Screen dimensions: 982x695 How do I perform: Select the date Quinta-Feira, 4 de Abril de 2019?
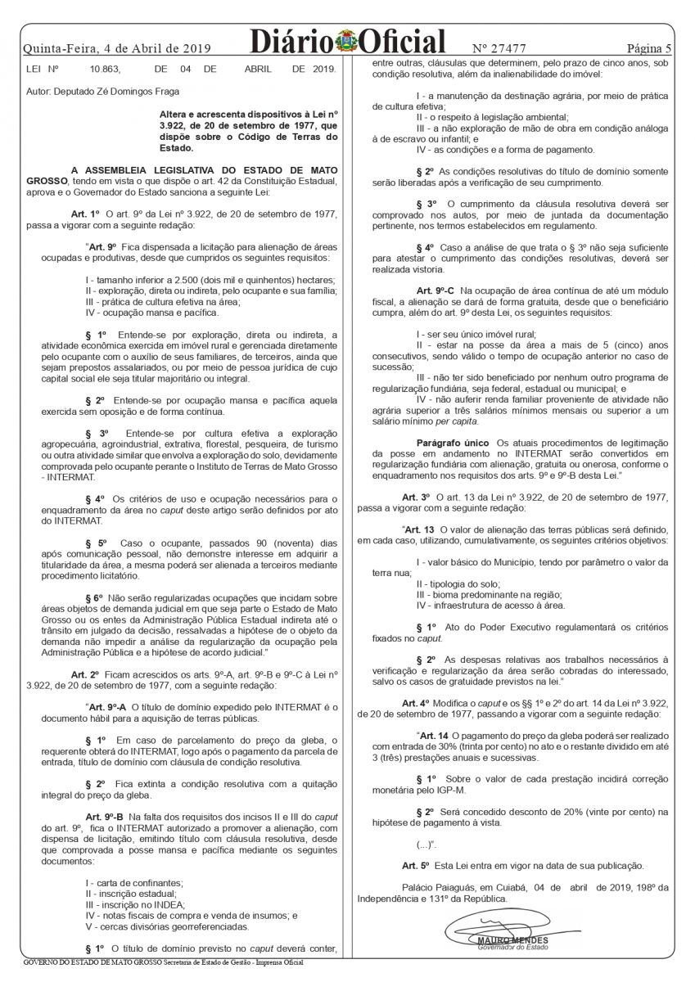118,47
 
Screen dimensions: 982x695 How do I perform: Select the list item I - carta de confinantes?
134,881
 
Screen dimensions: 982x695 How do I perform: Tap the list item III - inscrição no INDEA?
135,904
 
